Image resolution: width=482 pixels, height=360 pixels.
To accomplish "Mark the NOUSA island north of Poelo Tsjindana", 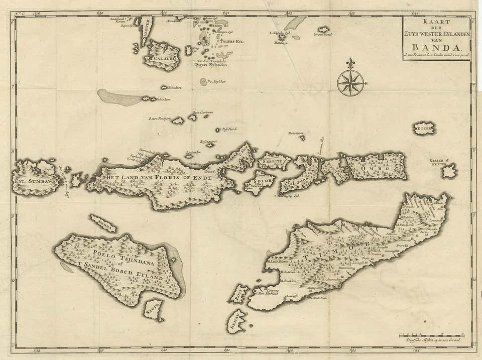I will point(103,223).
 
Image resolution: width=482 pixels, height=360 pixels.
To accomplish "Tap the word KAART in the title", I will point(436,22).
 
